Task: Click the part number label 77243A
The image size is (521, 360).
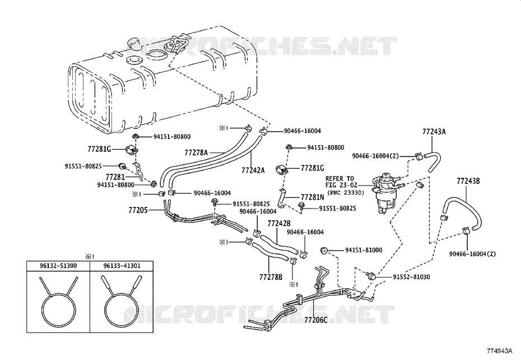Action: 434,132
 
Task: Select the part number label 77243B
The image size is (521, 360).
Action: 468,181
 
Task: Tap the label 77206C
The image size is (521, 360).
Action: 316,320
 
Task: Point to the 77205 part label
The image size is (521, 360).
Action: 138,210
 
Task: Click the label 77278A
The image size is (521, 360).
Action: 196,153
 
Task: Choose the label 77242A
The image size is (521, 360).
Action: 253,170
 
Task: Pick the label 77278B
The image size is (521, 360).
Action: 271,276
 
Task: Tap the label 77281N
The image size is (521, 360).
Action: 313,197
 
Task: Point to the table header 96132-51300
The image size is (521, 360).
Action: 58,266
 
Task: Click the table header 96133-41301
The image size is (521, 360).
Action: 122,266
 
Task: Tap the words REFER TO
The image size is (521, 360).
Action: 339,178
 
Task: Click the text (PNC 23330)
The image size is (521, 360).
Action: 346,192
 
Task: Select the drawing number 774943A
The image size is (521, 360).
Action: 500,350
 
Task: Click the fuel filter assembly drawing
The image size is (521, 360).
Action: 387,193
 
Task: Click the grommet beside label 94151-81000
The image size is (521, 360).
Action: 324,250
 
